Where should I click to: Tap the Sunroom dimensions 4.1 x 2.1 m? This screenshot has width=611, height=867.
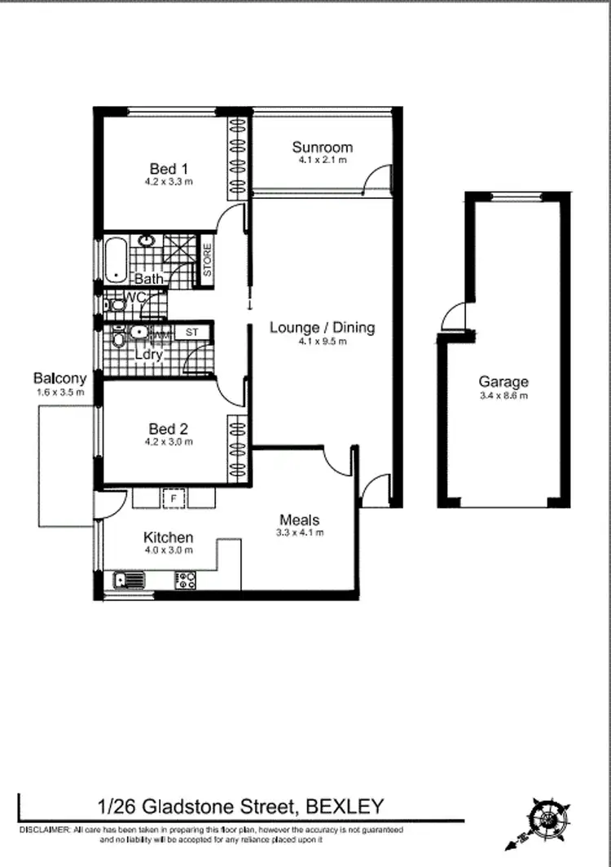(x=323, y=161)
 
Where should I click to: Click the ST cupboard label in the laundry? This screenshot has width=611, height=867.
(x=192, y=332)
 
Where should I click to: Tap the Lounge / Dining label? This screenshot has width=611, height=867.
(x=322, y=328)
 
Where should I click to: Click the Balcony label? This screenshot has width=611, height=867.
(x=59, y=378)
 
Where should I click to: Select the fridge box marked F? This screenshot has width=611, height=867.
(x=173, y=498)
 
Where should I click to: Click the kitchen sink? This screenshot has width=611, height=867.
(x=128, y=580)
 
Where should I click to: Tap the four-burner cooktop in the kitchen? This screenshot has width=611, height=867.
(x=187, y=580)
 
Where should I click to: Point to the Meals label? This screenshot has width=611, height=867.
(x=300, y=520)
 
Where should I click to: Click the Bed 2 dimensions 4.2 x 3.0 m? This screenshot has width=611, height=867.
(x=170, y=442)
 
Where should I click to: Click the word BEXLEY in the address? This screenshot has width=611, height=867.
(x=344, y=807)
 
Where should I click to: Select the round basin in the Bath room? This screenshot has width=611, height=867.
(x=147, y=241)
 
